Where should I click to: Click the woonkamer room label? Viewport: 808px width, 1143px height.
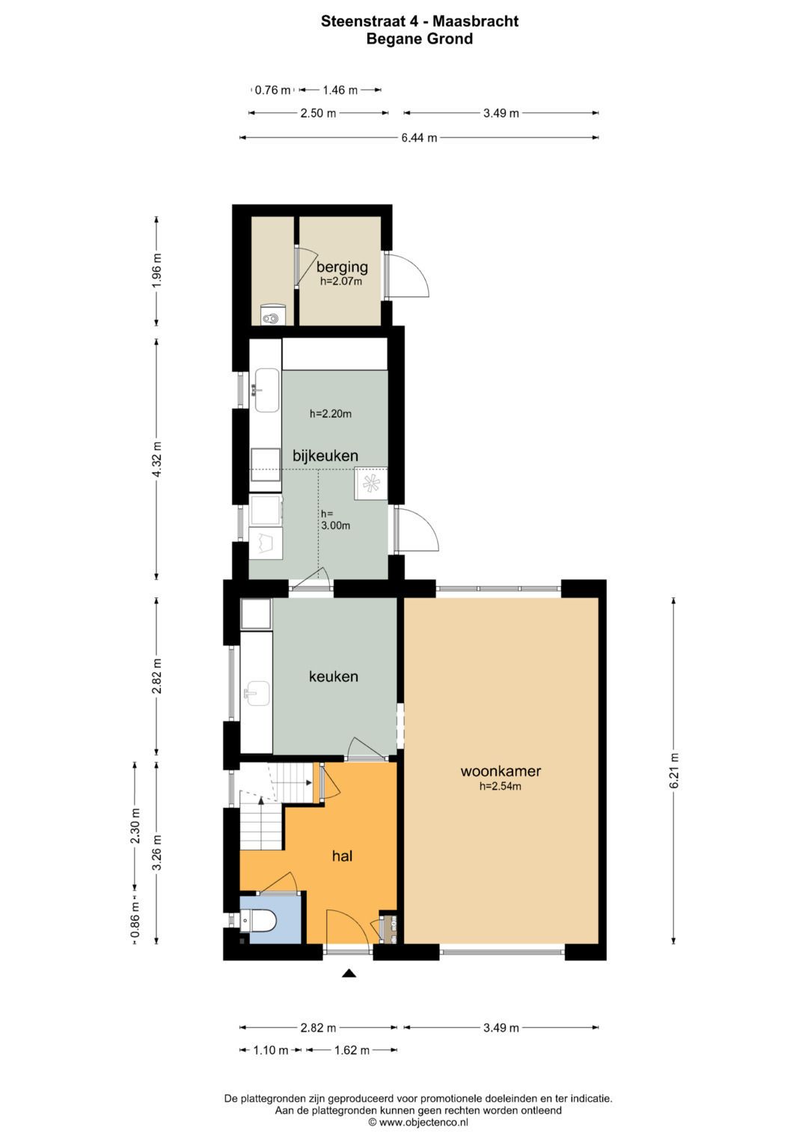(x=501, y=771)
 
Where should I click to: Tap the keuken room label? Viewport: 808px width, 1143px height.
(x=334, y=677)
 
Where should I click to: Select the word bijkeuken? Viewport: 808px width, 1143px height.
(x=325, y=456)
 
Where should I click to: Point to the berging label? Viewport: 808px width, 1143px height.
(x=343, y=267)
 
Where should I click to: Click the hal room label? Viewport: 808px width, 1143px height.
(x=343, y=856)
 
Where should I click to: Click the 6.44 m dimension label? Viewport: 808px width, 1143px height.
(x=419, y=138)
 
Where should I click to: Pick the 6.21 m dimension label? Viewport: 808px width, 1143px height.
(x=674, y=770)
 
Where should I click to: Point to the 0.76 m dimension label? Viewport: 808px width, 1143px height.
(x=272, y=91)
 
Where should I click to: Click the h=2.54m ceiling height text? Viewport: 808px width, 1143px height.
(x=501, y=786)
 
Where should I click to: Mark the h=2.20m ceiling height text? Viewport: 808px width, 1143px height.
(x=331, y=414)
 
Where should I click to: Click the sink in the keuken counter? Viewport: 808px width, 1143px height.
(x=257, y=693)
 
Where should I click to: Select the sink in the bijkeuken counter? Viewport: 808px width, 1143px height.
(x=266, y=390)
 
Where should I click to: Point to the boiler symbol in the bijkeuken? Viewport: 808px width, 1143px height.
(x=371, y=484)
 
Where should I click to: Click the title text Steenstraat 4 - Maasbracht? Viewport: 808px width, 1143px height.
(x=419, y=21)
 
